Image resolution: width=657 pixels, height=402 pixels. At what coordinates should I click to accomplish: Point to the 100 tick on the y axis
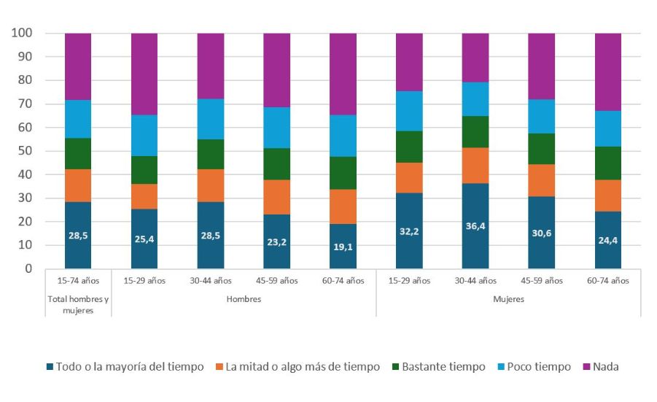pos(22,34)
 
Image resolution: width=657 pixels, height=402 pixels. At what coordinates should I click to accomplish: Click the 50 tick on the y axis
pos(25,151)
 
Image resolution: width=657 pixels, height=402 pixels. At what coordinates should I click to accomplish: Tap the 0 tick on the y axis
pos(28,268)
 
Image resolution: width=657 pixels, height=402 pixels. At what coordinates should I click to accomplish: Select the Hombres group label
pos(244,299)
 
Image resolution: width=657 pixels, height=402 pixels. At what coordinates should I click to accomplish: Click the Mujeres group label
pos(508,299)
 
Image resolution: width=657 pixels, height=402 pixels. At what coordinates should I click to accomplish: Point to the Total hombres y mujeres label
pos(78,304)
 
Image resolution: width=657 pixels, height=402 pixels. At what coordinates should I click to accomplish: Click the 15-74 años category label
pos(78,280)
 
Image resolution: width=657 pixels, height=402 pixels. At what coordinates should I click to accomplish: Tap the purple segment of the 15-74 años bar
pos(78,66)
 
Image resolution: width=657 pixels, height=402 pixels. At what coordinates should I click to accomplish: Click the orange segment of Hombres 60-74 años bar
pos(343,206)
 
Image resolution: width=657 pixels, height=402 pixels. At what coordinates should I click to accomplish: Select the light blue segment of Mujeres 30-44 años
pos(475,99)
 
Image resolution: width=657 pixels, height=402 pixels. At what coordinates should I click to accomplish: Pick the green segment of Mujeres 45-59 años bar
pos(541,149)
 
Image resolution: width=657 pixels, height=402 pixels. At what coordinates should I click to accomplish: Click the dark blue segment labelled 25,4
pos(144,239)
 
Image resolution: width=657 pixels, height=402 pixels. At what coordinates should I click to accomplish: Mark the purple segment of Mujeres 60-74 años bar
pos(607,72)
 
